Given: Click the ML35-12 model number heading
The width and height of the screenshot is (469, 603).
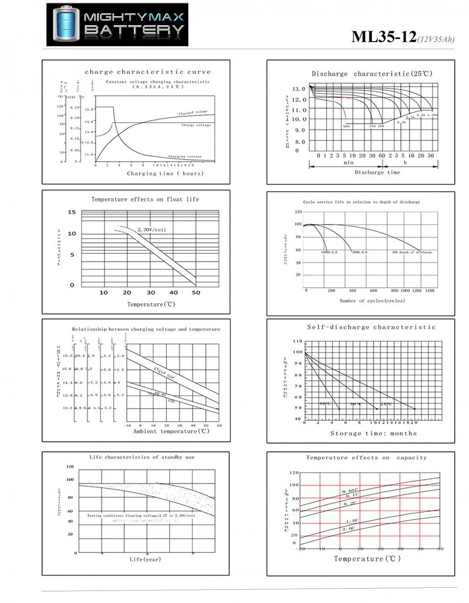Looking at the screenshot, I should tap(384, 37).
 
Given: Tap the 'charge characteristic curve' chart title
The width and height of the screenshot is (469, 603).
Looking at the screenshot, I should tap(147, 72).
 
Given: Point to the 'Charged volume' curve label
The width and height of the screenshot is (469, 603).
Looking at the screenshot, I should tap(193, 113).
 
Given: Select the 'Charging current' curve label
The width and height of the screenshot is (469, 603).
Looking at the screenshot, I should tap(185, 156).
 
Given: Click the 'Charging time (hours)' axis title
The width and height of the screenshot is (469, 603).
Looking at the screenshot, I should tap(165, 174).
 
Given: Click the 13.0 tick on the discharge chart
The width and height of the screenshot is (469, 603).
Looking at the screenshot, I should tap(298, 89).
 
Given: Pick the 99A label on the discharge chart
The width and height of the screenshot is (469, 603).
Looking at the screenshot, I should tap(347, 126).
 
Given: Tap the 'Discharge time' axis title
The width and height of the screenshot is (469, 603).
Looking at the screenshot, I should tap(377, 172).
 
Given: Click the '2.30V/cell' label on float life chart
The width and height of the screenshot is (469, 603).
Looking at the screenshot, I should tap(152, 230).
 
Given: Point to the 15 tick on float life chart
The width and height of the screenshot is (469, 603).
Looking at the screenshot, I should tap(71, 212).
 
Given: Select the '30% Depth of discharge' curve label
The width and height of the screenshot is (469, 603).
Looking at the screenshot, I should tap(412, 252).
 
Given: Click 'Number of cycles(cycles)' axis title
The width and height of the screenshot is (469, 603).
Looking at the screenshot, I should tap(372, 301).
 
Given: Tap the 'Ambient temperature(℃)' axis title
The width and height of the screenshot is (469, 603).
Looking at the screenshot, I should tap(171, 431).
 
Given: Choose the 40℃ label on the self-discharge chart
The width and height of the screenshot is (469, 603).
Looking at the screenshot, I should tap(325, 404).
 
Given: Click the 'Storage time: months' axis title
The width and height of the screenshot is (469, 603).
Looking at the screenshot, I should tap(373, 433).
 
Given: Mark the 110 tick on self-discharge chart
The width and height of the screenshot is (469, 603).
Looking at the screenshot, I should tap(298, 341).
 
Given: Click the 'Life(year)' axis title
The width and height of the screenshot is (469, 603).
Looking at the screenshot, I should tap(145, 559).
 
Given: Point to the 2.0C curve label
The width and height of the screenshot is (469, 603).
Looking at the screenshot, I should tap(349, 529).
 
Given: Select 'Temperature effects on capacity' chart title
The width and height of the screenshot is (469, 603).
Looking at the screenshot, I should tap(366, 458).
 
